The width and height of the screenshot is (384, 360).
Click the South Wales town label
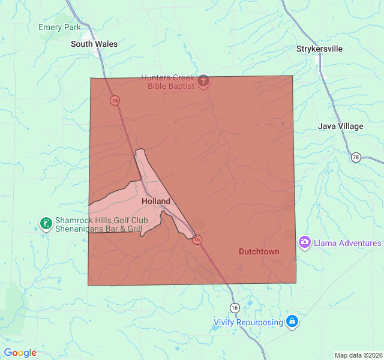click(94, 44)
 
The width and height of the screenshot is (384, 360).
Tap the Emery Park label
click(59, 27)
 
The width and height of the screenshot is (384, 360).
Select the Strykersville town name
click(319, 49)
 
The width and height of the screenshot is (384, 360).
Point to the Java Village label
click(340, 126)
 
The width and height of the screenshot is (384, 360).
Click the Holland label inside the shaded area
click(156, 202)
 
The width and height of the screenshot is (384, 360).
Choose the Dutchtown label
click(259, 251)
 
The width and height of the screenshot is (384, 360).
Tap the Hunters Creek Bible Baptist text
click(167, 82)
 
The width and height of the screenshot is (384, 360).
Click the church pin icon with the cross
click(203, 81)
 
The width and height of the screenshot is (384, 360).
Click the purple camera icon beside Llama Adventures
click(305, 242)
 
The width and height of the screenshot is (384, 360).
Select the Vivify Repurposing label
click(248, 322)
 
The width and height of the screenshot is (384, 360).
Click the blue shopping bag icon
click(292, 322)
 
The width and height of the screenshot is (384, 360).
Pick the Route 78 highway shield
click(356, 157)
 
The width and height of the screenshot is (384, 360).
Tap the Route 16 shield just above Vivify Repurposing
click(234, 307)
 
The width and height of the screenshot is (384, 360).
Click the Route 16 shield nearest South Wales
click(114, 100)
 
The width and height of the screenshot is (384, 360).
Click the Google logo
click(20, 353)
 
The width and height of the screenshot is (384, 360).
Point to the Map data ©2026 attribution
click(358, 355)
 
